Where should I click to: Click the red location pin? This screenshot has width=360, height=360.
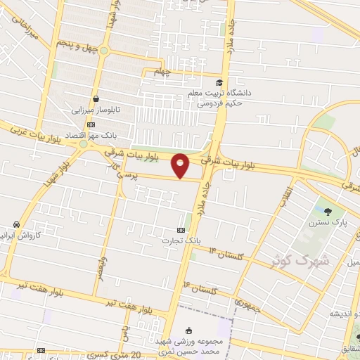click(181, 165)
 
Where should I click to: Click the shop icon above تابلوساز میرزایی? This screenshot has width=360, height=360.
click(94, 98)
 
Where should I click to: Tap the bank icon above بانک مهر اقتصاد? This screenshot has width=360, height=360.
click(89, 124)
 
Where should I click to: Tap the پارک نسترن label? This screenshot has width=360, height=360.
click(328, 222)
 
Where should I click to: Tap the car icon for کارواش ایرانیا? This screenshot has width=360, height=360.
click(15, 224)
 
